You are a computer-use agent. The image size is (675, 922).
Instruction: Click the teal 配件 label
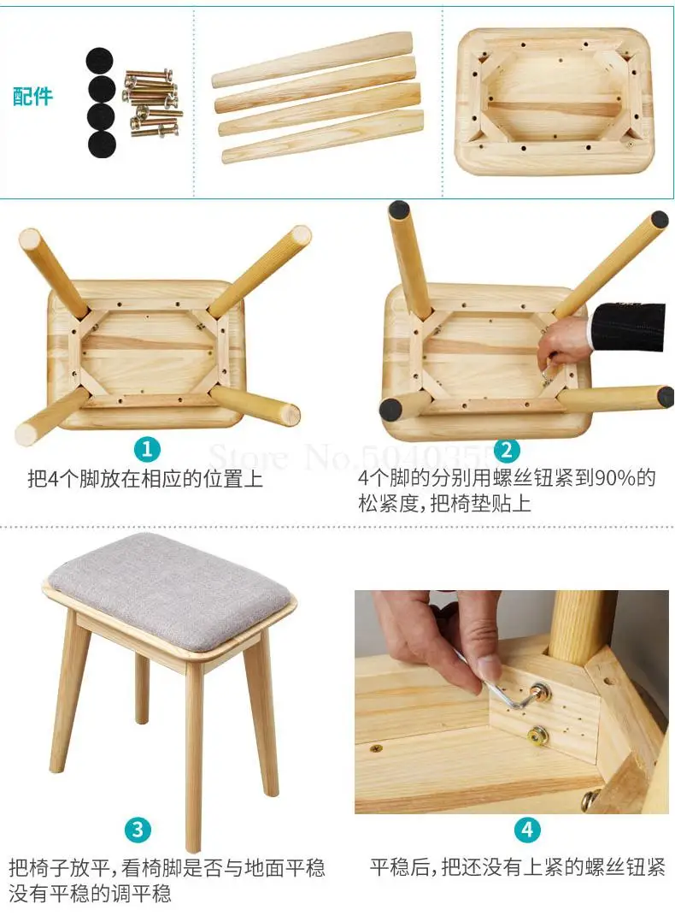pyautogui.click(x=33, y=96)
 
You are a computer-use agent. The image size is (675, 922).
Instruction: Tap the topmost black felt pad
pyautogui.click(x=100, y=61)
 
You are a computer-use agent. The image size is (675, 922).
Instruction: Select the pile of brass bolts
pyautogui.click(x=151, y=103)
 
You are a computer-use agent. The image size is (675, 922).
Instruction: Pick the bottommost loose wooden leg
pyautogui.click(x=322, y=136)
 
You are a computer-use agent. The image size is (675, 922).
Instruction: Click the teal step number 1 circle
pyautogui.click(x=147, y=450)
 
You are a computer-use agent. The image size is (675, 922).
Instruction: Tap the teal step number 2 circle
pyautogui.click(x=507, y=451)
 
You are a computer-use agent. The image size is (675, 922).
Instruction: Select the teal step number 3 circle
pyautogui.click(x=138, y=829)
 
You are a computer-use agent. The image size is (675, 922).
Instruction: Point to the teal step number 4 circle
pyautogui.click(x=527, y=830)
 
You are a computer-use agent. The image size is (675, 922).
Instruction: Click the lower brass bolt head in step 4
pyautogui.click(x=537, y=736)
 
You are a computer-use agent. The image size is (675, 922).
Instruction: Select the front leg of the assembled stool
pyautogui.click(x=194, y=759)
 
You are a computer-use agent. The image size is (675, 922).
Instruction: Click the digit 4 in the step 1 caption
pyautogui.click(x=53, y=479)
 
